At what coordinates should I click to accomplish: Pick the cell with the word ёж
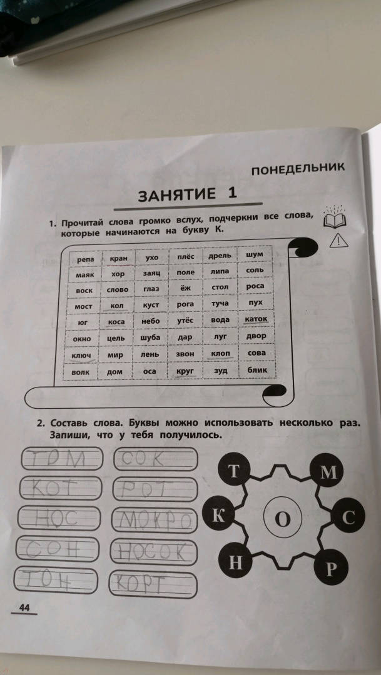[185, 287]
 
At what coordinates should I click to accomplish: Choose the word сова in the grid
[257, 353]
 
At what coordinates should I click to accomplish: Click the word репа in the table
[86, 259]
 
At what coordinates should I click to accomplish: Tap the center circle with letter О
[281, 520]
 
